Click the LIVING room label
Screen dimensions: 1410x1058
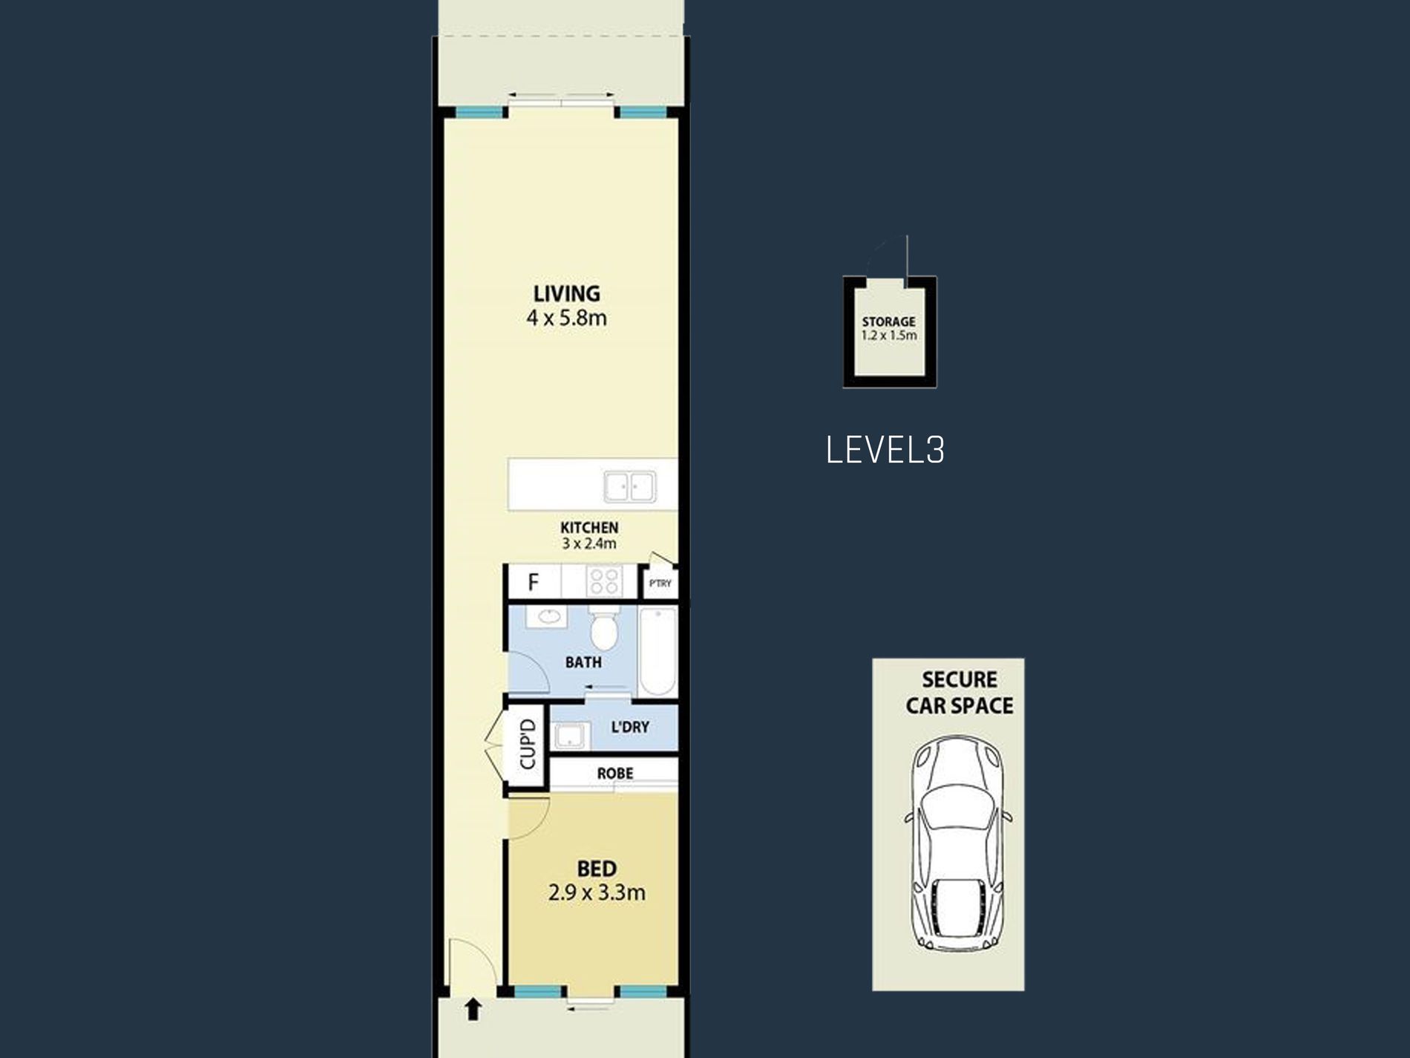(x=566, y=293)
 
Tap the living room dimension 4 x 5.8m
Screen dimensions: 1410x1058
(x=566, y=319)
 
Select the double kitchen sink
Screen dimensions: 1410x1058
(x=629, y=487)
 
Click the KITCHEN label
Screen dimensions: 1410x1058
(x=589, y=527)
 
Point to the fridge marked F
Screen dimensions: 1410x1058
(x=534, y=582)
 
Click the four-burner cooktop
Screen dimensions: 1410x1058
(x=603, y=582)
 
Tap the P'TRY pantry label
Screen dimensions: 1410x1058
(x=660, y=584)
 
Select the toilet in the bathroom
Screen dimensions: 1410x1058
(x=604, y=628)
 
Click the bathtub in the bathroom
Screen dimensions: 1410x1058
(x=658, y=651)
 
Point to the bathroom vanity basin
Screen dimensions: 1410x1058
(x=548, y=616)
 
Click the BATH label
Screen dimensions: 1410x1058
(x=583, y=662)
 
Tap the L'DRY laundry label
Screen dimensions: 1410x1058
(x=630, y=727)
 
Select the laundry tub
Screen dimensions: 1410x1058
(x=570, y=737)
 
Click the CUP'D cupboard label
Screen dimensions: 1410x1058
(x=528, y=744)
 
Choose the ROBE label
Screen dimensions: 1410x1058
(x=615, y=774)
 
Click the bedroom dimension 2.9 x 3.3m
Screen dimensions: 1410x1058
(x=597, y=892)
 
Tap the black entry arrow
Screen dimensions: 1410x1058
(x=473, y=1010)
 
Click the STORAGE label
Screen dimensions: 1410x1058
(x=888, y=321)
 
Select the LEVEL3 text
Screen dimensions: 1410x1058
(x=885, y=451)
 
